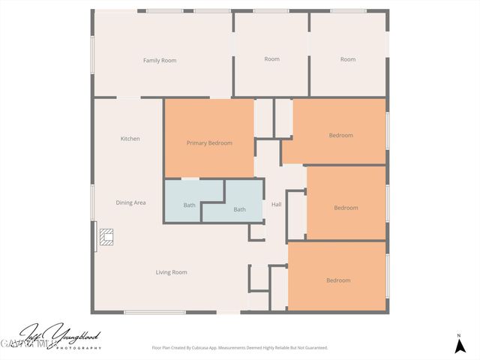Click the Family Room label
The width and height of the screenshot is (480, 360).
click(x=160, y=60)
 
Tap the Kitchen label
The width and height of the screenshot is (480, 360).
click(x=130, y=139)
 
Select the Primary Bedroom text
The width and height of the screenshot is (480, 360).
click(x=209, y=142)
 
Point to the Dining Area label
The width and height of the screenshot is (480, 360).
click(x=130, y=202)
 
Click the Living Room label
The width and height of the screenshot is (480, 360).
click(x=172, y=272)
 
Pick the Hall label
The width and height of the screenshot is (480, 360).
click(x=276, y=204)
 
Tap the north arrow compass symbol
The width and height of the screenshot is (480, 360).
click(x=459, y=346)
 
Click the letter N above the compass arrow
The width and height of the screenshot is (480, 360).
click(x=459, y=335)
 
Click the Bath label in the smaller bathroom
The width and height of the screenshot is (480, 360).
click(x=190, y=205)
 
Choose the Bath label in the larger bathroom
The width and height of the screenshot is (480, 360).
click(x=239, y=209)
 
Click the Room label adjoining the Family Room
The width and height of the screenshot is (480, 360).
click(x=271, y=59)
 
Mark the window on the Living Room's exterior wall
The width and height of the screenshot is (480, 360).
click(x=154, y=312)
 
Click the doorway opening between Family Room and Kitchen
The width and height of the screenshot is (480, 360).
click(x=128, y=97)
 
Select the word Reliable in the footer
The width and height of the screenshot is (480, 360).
click(x=283, y=348)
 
